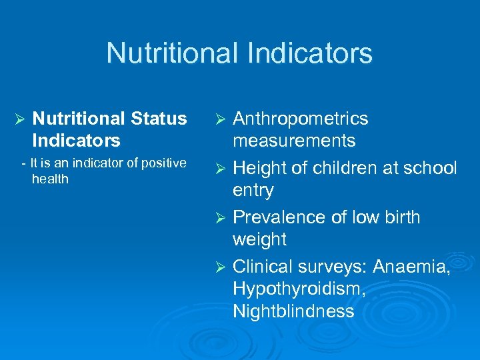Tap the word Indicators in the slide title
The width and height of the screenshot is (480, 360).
coord(313,53)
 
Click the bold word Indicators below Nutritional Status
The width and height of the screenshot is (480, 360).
coord(76,141)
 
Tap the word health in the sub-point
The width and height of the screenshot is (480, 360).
coord(50,179)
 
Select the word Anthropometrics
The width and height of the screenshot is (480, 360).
coord(300,119)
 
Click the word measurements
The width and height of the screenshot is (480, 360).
coord(294,141)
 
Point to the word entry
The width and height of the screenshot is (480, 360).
coord(253,191)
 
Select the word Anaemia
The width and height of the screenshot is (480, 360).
coord(411,267)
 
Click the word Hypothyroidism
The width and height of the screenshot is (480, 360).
coord(297,289)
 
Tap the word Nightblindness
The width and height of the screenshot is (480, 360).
coord(293,311)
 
